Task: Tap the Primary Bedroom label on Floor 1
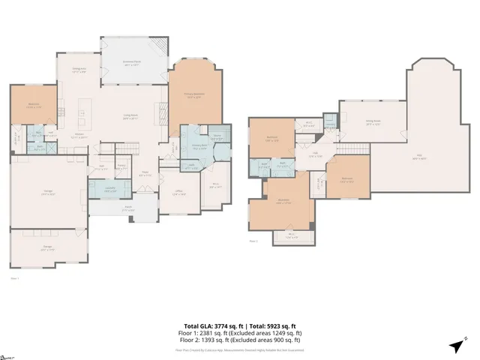pos(193,95)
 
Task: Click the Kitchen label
pos(79,136)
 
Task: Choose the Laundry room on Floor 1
pos(109,190)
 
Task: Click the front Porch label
pos(128,209)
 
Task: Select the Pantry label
pos(121,166)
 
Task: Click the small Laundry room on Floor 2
pos(330,124)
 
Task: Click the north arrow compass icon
pos(455,346)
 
